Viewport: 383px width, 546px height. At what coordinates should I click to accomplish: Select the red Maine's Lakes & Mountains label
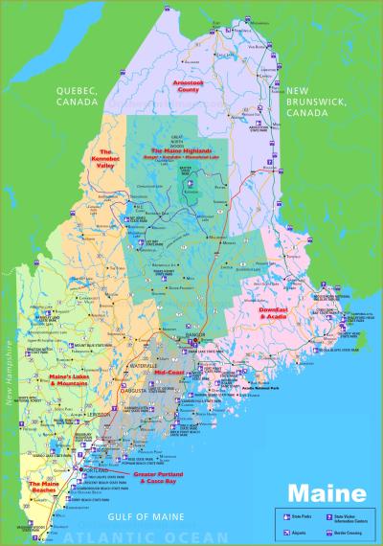click(69, 380)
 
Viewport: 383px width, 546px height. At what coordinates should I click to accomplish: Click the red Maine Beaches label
click(49, 486)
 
